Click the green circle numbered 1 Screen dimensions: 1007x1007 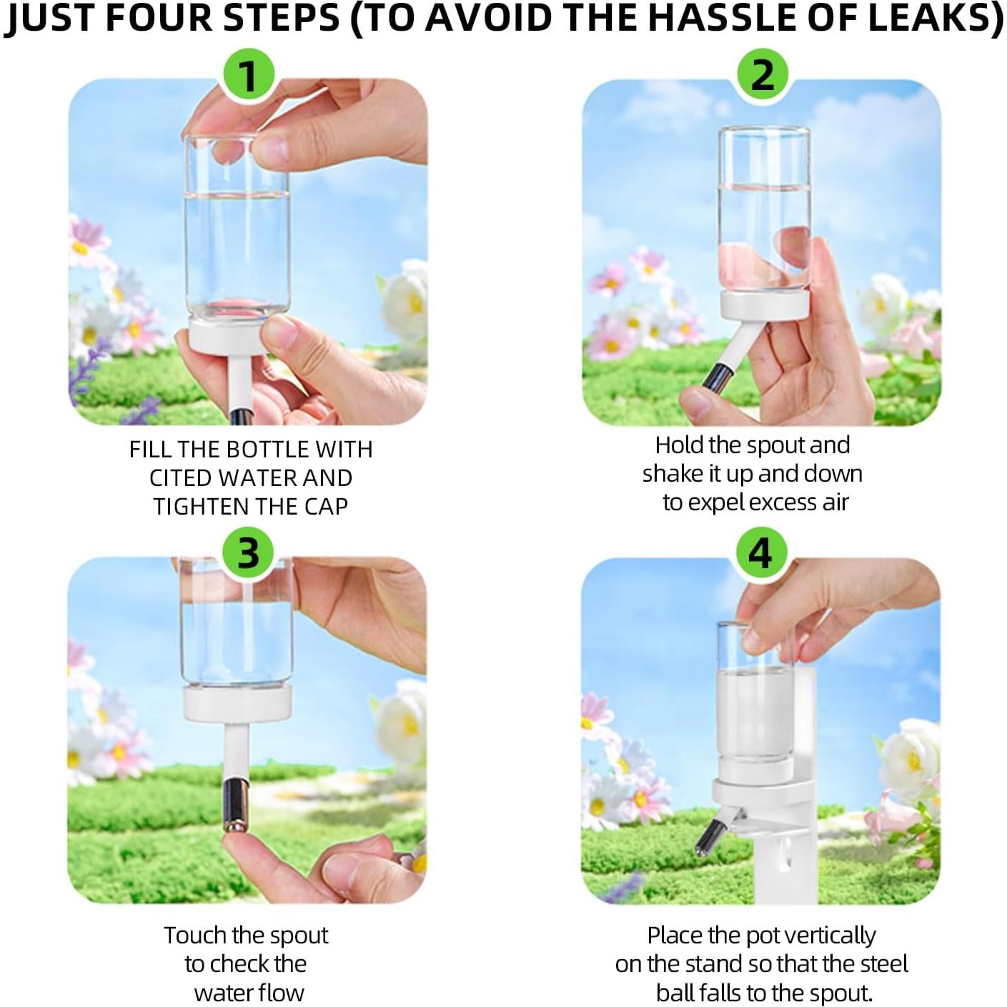tap(249, 76)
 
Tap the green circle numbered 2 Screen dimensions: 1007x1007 tap(763, 75)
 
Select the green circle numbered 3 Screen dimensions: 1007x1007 tap(249, 553)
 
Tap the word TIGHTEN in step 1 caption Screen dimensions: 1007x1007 tap(199, 507)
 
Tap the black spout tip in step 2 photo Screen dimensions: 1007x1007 tap(715, 376)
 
